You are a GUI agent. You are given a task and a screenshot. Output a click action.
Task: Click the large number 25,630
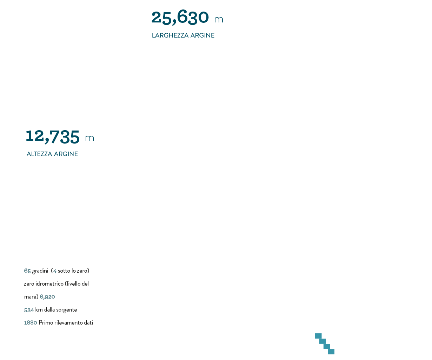[x=180, y=18]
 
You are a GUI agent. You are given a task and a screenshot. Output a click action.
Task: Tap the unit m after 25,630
[x=219, y=20]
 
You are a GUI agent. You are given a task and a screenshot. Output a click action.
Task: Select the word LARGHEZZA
[x=170, y=35]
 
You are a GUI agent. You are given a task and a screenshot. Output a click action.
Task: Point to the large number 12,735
[x=53, y=136]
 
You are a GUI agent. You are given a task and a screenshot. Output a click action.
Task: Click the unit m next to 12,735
[x=89, y=138]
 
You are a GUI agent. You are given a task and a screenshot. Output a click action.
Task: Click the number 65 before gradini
[x=27, y=271]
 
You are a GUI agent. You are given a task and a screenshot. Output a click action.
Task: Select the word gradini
[x=40, y=271]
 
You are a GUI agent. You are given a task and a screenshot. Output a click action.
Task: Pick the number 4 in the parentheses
[x=55, y=271]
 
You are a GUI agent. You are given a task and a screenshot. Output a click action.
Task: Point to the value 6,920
[x=47, y=297]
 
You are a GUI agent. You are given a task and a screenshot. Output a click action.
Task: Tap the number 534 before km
[x=29, y=310]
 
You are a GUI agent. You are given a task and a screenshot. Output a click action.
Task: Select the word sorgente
[x=67, y=310]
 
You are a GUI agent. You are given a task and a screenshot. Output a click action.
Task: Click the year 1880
[x=31, y=323]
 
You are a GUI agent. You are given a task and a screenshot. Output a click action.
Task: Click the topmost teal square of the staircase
[x=318, y=336]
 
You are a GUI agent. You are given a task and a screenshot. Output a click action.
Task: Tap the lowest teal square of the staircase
[x=331, y=352]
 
